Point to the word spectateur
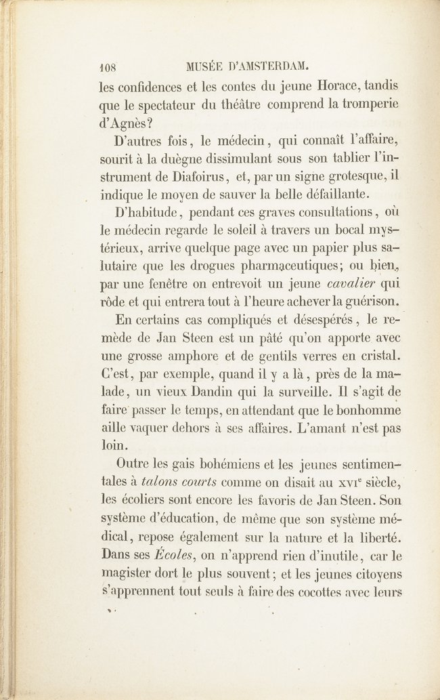(x=159, y=106)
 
